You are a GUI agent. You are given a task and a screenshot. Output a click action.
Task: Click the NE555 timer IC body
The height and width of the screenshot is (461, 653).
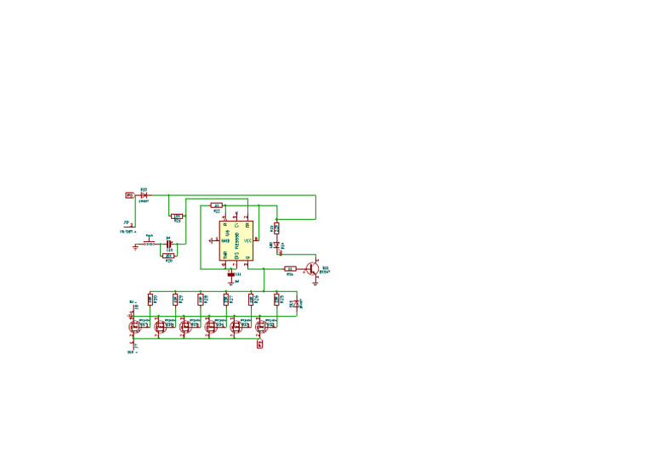point(236,240)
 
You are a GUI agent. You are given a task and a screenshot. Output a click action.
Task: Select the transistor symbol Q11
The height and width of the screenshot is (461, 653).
point(312,268)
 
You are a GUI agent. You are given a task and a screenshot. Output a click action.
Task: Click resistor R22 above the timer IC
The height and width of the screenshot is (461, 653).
point(216,205)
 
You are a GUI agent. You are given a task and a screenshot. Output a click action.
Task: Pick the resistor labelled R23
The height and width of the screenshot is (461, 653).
point(177,216)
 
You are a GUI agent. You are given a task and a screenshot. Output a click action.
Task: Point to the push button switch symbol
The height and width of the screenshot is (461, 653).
point(150,244)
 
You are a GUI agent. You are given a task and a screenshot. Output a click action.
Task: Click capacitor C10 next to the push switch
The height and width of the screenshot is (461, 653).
point(168,244)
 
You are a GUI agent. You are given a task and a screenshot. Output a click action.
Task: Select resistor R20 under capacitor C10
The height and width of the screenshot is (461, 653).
point(168,256)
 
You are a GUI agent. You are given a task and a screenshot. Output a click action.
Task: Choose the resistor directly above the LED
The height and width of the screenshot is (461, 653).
point(277,228)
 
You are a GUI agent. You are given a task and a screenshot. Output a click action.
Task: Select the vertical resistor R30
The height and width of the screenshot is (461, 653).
point(150,299)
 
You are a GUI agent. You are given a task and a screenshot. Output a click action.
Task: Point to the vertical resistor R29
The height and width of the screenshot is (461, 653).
point(175,299)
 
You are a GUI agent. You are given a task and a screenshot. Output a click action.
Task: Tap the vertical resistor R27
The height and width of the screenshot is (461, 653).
point(226,299)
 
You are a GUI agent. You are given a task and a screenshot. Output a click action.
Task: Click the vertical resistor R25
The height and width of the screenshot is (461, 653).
point(276,299)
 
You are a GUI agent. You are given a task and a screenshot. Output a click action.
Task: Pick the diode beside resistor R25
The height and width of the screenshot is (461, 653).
point(296,302)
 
